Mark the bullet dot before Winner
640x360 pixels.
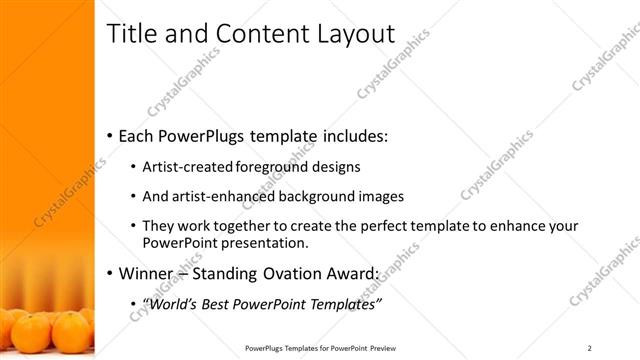[110, 274]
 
